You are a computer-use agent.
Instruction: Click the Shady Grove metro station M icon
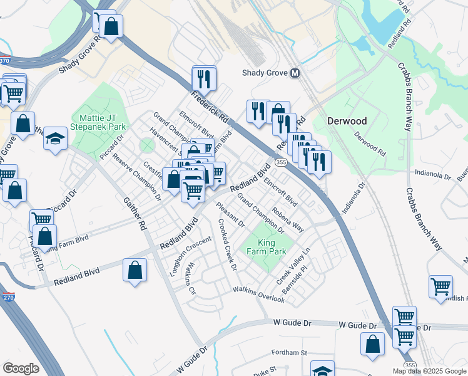(295, 73)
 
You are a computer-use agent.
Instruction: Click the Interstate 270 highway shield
(8, 298)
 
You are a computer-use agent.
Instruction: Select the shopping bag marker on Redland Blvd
(135, 271)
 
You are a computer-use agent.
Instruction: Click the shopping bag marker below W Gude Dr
(373, 344)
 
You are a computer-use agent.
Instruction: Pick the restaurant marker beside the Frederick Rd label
(204, 78)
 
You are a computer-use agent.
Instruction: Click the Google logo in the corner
(21, 368)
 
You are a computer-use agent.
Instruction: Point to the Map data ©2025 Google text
(429, 371)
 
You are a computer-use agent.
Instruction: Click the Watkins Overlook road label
(258, 295)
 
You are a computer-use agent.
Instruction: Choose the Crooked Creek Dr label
(227, 244)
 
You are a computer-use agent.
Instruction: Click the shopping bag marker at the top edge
(111, 26)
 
